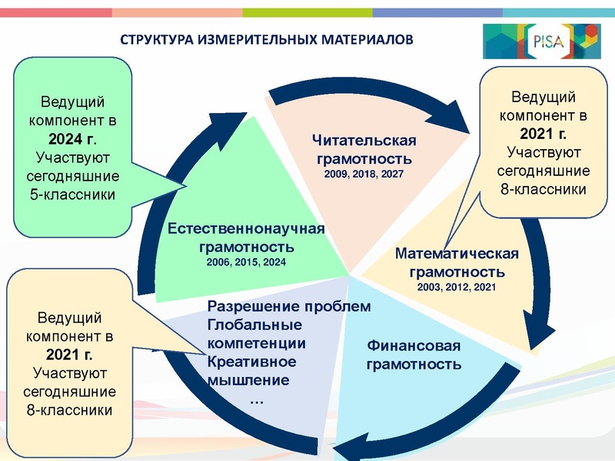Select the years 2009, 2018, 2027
click(364, 175)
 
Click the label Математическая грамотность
click(457, 263)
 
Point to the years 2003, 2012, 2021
click(457, 287)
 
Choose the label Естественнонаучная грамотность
click(247, 238)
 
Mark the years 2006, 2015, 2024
click(247, 263)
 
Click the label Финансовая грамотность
click(414, 354)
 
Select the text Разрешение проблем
click(289, 307)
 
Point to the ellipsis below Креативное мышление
click(258, 400)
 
